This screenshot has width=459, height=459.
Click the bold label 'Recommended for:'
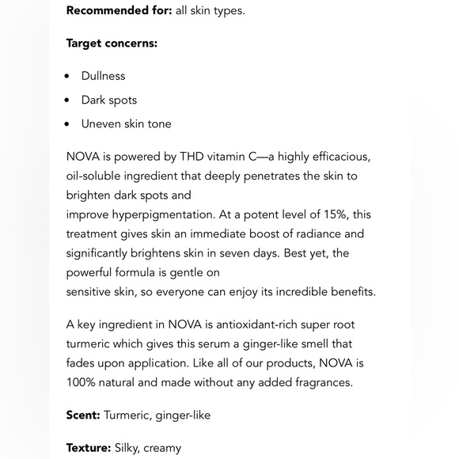119,10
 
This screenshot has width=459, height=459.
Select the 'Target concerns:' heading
112,43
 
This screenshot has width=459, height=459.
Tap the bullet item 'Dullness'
103,76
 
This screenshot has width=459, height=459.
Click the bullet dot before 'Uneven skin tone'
67,124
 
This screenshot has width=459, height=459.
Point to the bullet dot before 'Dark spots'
67,101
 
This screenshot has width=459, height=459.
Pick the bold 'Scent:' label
83,415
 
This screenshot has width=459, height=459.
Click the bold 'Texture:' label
89,448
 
